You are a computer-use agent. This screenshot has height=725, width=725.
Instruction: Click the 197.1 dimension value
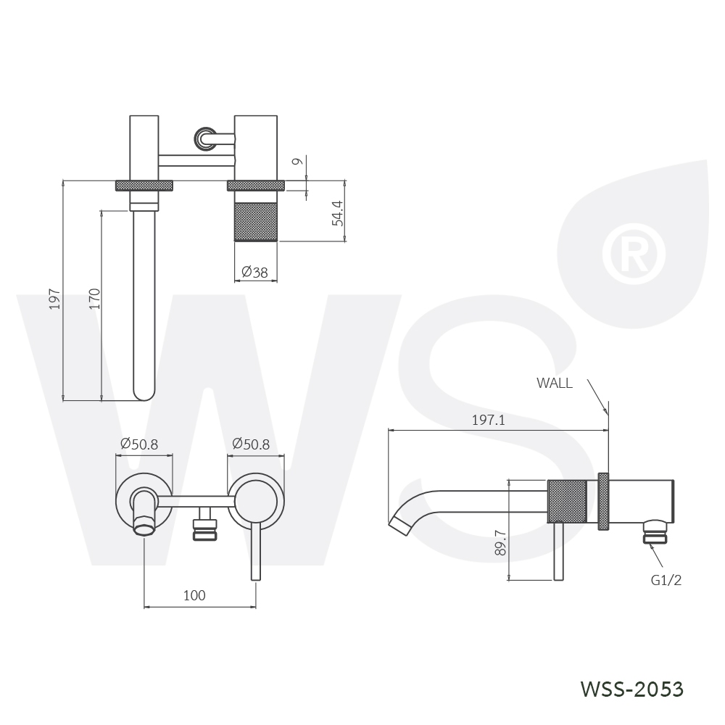click(x=488, y=420)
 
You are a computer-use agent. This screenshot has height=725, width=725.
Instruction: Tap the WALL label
click(x=555, y=383)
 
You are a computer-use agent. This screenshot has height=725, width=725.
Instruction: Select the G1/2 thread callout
click(x=666, y=580)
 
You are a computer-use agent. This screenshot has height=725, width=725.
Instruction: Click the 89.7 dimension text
click(x=500, y=542)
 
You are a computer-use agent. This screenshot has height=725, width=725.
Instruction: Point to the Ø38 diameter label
click(x=254, y=272)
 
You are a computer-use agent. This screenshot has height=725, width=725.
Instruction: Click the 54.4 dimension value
click(x=338, y=213)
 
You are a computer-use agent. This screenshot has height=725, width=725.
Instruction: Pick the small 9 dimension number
click(x=298, y=162)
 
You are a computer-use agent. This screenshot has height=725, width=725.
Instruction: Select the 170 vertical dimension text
click(x=94, y=299)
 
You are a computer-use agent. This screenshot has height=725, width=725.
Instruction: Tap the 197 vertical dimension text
click(x=54, y=299)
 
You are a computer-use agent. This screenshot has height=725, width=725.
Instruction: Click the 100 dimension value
click(x=194, y=595)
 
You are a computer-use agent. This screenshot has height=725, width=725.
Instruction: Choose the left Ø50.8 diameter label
click(x=139, y=444)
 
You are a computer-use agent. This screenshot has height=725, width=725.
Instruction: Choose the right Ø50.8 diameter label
click(x=251, y=444)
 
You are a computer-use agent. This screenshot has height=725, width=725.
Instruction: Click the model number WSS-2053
click(x=631, y=689)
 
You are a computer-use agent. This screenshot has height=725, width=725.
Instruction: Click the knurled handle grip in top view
click(x=256, y=221)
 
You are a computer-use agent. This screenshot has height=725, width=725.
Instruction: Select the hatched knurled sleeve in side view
click(x=567, y=501)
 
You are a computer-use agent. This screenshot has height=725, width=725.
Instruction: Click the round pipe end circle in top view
click(x=204, y=138)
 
